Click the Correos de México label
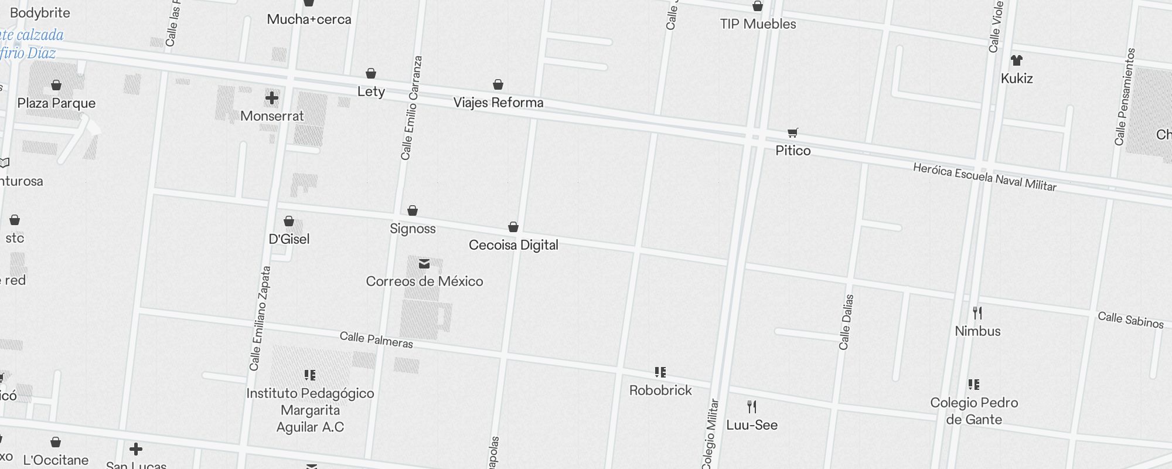tap(424, 281)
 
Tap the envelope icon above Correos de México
tap(424, 264)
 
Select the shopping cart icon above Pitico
tap(793, 133)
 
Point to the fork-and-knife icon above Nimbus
tap(977, 312)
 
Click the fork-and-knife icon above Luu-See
tap(752, 407)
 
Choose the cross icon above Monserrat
tap(272, 98)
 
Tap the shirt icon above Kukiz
tap(1017, 60)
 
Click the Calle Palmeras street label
tap(376, 340)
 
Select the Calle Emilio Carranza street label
tap(411, 108)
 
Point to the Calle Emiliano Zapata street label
tap(260, 318)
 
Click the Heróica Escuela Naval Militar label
tap(984, 177)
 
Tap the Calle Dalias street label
tap(846, 322)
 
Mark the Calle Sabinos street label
tap(1130, 320)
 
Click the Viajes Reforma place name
tap(498, 103)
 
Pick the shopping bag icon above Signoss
tap(413, 210)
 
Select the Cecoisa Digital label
tap(513, 245)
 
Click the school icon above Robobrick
tap(660, 372)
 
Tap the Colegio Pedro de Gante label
tap(974, 411)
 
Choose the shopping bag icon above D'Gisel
tap(289, 221)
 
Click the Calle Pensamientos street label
tap(1126, 97)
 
